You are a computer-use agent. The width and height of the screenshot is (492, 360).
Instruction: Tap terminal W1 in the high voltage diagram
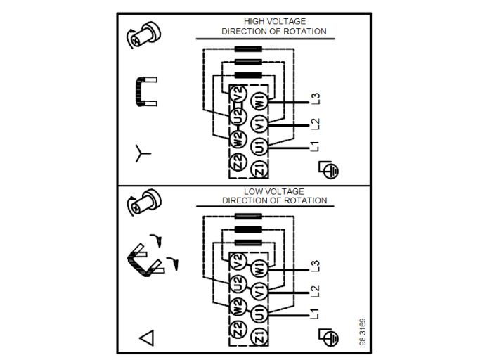pyautogui.click(x=259, y=101)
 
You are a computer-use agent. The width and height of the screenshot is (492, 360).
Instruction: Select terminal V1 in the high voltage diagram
pyautogui.click(x=259, y=124)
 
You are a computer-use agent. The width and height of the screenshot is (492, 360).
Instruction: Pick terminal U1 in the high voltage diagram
pyautogui.click(x=259, y=146)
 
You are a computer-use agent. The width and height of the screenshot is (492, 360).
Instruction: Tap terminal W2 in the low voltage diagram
pyautogui.click(x=238, y=308)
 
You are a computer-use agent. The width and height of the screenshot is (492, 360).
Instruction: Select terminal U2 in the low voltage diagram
pyautogui.click(x=238, y=285)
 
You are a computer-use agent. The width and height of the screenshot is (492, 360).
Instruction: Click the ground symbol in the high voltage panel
pyautogui.click(x=328, y=169)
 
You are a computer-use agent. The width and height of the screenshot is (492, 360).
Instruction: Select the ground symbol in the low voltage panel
pyautogui.click(x=328, y=337)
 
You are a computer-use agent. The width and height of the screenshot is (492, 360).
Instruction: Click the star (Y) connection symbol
pyautogui.click(x=143, y=151)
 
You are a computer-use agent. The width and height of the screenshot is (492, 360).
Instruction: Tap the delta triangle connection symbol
pyautogui.click(x=146, y=337)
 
